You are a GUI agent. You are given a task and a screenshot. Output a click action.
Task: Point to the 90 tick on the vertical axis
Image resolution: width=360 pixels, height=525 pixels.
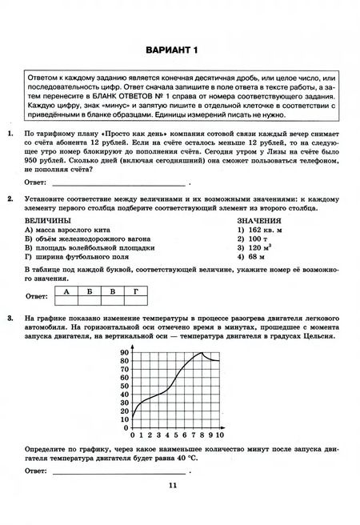coord(124,353)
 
